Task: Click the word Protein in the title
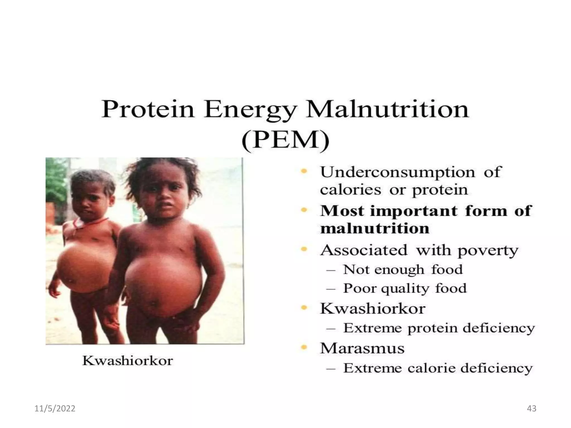[x=148, y=109]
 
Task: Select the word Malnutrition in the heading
[x=387, y=109]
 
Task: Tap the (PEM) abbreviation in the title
[x=285, y=140]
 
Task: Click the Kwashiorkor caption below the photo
[x=128, y=361]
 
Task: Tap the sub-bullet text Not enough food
[x=403, y=270]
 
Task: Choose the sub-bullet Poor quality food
[x=405, y=288]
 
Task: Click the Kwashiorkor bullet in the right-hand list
[x=372, y=309]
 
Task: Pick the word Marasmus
[x=362, y=349]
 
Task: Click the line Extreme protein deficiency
[x=439, y=328]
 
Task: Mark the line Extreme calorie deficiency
[x=438, y=368]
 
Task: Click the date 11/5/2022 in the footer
[x=55, y=408]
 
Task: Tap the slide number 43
[x=532, y=408]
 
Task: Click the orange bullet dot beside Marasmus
[x=304, y=347]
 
